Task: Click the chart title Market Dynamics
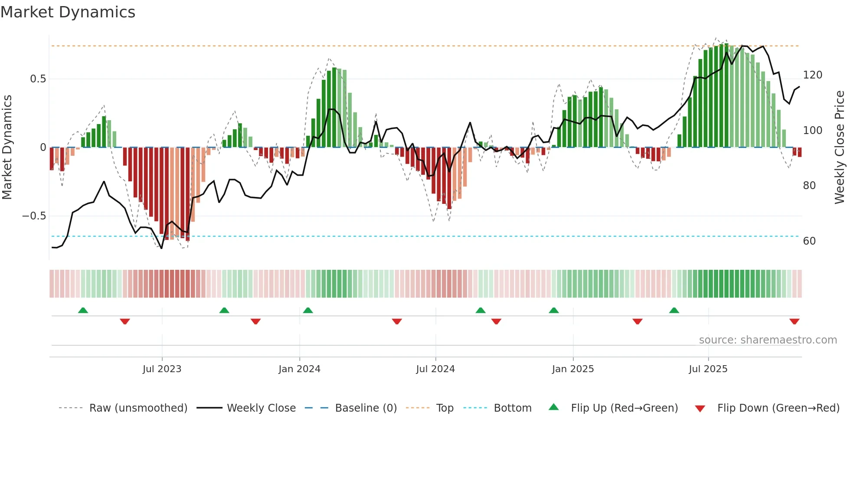68,12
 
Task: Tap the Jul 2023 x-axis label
162,369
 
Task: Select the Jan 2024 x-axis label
299,369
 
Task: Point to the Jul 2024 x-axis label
435,369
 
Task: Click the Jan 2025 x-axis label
573,369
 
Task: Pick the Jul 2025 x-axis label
708,369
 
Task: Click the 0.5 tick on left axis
38,79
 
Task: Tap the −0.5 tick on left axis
34,216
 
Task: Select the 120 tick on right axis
812,75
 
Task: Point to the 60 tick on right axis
809,241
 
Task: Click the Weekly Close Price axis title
840,147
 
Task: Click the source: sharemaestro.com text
768,340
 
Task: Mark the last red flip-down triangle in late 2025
794,321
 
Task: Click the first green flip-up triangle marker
83,311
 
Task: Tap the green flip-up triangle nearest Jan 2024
308,311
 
